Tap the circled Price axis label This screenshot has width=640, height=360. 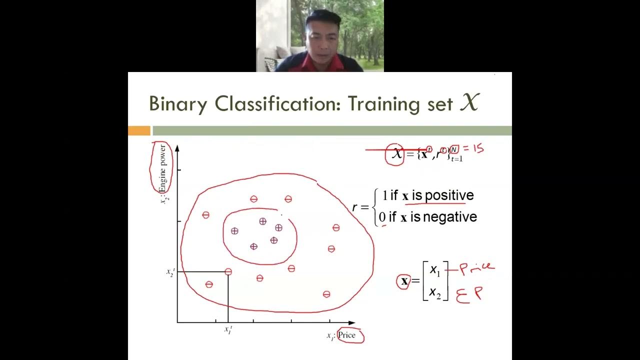point(346,335)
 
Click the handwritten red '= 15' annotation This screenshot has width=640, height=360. point(472,149)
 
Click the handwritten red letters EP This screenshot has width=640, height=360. point(469,294)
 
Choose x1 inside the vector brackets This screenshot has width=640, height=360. point(435,270)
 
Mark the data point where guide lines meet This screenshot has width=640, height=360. point(228,271)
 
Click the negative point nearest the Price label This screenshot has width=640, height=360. point(326,294)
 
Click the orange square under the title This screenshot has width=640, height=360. point(139,131)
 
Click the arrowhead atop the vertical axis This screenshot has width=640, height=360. point(177,147)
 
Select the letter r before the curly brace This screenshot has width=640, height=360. point(355,207)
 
